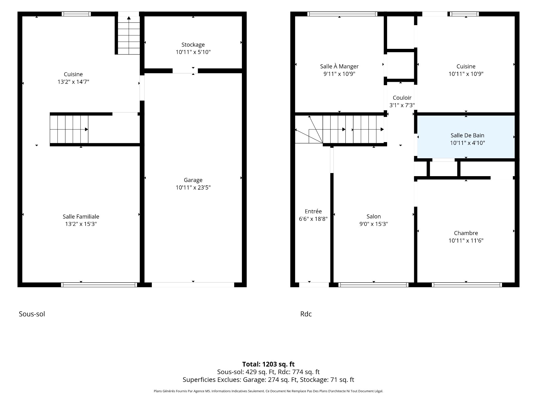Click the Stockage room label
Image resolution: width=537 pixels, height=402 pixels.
pyautogui.click(x=193, y=45)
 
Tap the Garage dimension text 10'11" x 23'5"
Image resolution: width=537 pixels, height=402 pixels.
pyautogui.click(x=193, y=188)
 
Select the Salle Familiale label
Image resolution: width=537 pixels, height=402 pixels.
pyautogui.click(x=81, y=216)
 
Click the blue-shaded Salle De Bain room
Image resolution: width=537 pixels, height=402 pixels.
pyautogui.click(x=466, y=137)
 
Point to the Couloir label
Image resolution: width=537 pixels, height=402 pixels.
pyautogui.click(x=402, y=98)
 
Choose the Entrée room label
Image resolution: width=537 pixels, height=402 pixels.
pyautogui.click(x=313, y=211)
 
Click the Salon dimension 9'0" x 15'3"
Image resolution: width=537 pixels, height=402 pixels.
pyautogui.click(x=374, y=224)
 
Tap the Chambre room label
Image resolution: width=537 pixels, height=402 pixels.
pyautogui.click(x=466, y=233)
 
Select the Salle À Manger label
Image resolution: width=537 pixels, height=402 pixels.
pyautogui.click(x=339, y=66)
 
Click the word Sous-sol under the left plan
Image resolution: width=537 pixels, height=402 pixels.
pyautogui.click(x=32, y=314)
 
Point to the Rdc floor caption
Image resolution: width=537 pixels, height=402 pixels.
pyautogui.click(x=306, y=314)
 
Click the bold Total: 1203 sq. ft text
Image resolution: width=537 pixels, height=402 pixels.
pyautogui.click(x=268, y=364)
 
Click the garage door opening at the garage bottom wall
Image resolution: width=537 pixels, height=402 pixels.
pyautogui.click(x=193, y=285)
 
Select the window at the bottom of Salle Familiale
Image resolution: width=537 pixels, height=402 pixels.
pyautogui.click(x=99, y=285)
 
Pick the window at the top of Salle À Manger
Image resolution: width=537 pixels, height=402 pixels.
pyautogui.click(x=342, y=14)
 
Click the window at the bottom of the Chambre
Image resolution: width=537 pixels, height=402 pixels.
pyautogui.click(x=467, y=285)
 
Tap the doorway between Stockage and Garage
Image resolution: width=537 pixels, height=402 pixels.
pyautogui.click(x=185, y=71)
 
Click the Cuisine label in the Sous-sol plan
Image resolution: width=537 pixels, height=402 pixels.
pyautogui.click(x=73, y=74)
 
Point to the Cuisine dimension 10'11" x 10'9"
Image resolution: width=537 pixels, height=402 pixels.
pyautogui.click(x=466, y=74)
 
